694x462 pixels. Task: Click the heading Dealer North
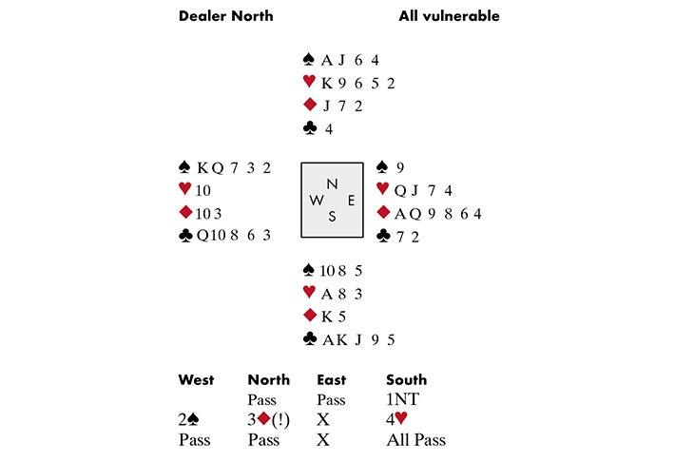click(x=226, y=16)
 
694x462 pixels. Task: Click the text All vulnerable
click(x=450, y=16)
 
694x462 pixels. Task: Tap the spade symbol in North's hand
click(x=308, y=59)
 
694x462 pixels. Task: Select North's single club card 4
click(x=329, y=128)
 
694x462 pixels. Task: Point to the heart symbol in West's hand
click(x=184, y=190)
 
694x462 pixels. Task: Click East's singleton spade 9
click(x=400, y=167)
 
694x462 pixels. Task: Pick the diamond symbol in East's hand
click(x=384, y=212)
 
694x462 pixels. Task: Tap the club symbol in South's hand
click(x=308, y=338)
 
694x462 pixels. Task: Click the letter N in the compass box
click(x=331, y=183)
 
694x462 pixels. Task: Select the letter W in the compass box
click(x=315, y=200)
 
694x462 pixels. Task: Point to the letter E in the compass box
click(x=350, y=200)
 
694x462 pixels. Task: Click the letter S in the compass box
click(x=332, y=217)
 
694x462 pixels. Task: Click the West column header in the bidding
click(x=196, y=380)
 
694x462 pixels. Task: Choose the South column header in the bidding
click(x=406, y=380)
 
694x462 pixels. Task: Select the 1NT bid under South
click(x=401, y=400)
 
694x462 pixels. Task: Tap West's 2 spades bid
click(x=191, y=420)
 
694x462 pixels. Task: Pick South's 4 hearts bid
click(x=397, y=420)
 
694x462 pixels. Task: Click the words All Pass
click(x=415, y=440)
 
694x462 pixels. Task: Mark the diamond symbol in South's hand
click(x=308, y=316)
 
